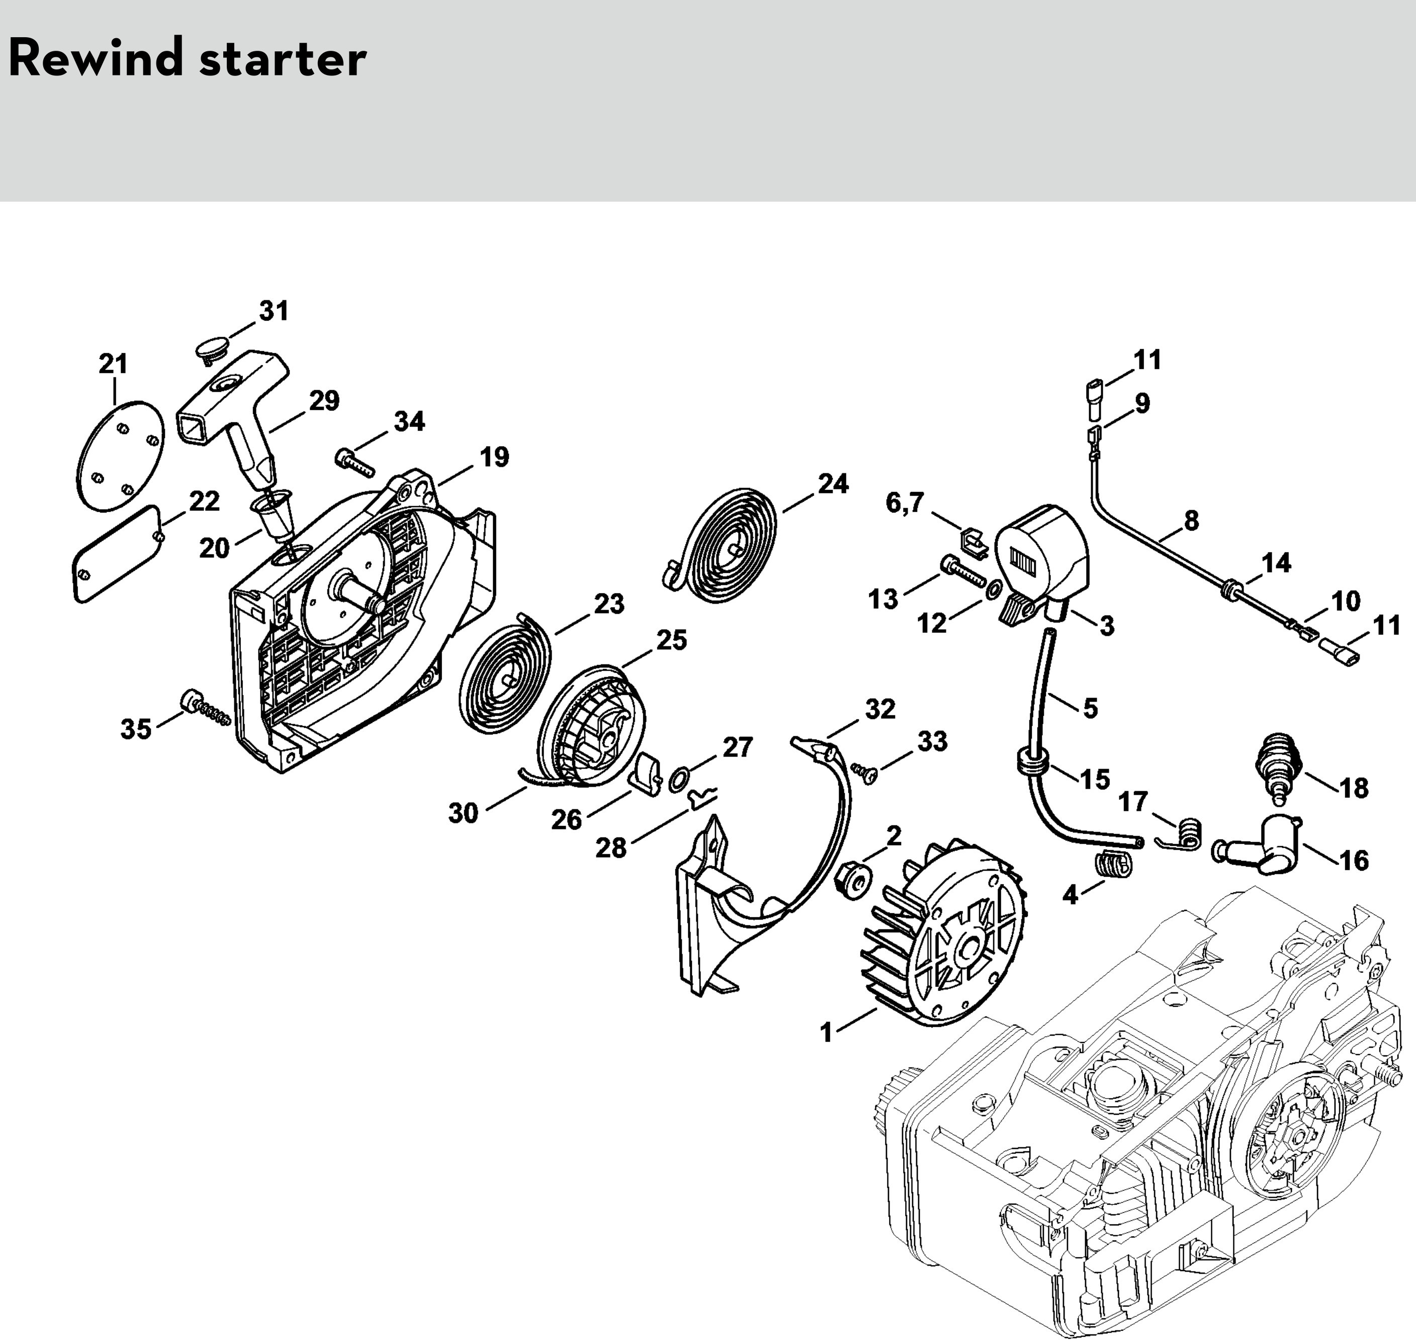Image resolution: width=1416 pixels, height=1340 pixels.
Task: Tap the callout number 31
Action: [274, 311]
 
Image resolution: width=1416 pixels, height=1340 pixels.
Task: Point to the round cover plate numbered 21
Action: [120, 455]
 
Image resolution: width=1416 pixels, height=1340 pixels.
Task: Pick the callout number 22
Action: [204, 501]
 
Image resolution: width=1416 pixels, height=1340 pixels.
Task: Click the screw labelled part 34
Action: [353, 460]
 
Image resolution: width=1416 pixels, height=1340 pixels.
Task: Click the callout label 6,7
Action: [905, 503]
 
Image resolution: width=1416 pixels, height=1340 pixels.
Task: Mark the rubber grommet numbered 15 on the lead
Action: [1030, 763]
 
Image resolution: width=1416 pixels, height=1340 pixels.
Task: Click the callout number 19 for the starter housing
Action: [494, 457]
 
